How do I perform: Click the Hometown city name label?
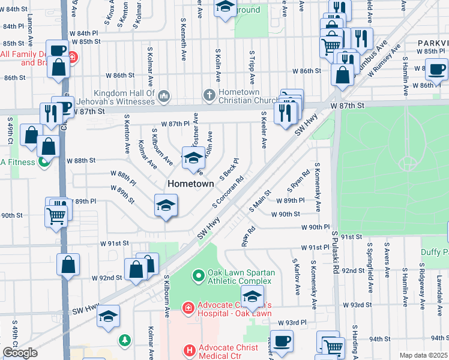tap(190, 184)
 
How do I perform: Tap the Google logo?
tap(20, 353)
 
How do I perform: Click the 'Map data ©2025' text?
tap(423, 355)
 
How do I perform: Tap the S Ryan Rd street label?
tap(301, 177)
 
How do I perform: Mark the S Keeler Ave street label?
tap(263, 130)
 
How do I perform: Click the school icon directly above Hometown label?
tap(193, 158)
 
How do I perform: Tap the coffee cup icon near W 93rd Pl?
tap(281, 340)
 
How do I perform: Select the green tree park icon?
tap(125, 340)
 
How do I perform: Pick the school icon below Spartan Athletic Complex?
tap(252, 296)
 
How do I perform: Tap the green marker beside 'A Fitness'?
tap(44, 161)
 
